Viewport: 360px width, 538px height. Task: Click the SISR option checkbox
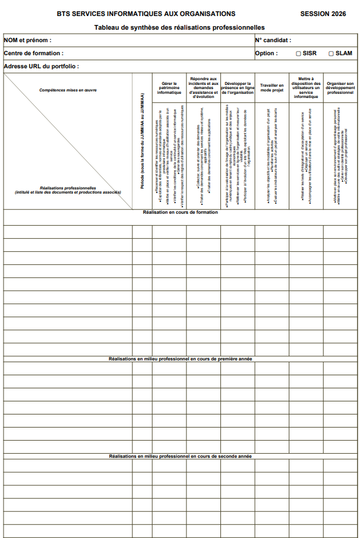click(x=299, y=53)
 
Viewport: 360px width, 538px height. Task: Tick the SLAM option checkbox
click(x=331, y=53)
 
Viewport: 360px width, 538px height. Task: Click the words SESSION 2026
click(x=323, y=14)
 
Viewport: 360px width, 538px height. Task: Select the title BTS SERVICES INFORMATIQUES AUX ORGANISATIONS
click(x=146, y=14)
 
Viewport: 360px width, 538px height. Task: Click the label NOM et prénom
click(x=27, y=40)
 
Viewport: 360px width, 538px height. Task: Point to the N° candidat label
click(x=273, y=40)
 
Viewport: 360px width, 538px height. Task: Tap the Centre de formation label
click(x=33, y=53)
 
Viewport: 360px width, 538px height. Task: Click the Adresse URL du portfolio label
click(x=42, y=67)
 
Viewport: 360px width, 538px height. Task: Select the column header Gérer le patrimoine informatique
click(x=169, y=88)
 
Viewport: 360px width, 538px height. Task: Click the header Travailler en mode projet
click(x=272, y=88)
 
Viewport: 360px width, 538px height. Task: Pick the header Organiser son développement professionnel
click(x=340, y=88)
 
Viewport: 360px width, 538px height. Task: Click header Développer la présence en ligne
click(x=238, y=88)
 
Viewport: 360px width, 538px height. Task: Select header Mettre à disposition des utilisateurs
click(x=306, y=87)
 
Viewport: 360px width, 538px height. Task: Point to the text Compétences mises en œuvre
click(x=68, y=90)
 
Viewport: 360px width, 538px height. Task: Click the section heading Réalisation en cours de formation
click(x=180, y=213)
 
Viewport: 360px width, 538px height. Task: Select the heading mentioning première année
click(x=180, y=359)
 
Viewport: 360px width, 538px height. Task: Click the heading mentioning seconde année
click(x=180, y=456)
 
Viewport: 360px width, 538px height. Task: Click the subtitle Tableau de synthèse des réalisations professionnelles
click(x=179, y=27)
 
